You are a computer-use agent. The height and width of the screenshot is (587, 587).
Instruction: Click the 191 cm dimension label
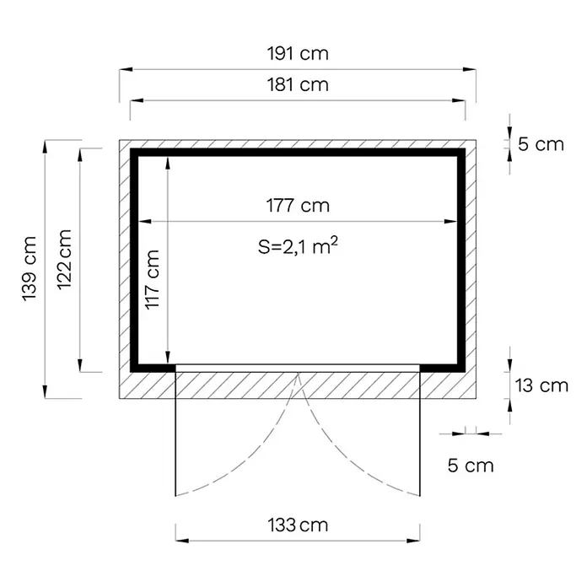point(298,53)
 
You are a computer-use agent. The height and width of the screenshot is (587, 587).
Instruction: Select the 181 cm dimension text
point(298,84)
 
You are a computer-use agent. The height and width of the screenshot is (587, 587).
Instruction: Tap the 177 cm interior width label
point(298,206)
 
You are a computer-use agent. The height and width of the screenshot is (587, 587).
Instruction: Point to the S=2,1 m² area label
point(298,245)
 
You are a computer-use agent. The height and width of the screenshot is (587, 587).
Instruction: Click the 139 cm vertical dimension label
point(30,269)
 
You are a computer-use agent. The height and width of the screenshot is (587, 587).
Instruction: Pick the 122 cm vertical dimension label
point(64,260)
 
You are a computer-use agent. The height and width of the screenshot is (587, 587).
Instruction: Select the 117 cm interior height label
point(153,279)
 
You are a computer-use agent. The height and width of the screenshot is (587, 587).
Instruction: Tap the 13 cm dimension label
point(541,385)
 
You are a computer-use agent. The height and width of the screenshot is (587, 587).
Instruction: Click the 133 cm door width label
point(298,525)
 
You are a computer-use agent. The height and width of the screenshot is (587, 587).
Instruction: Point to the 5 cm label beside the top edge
point(541,144)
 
